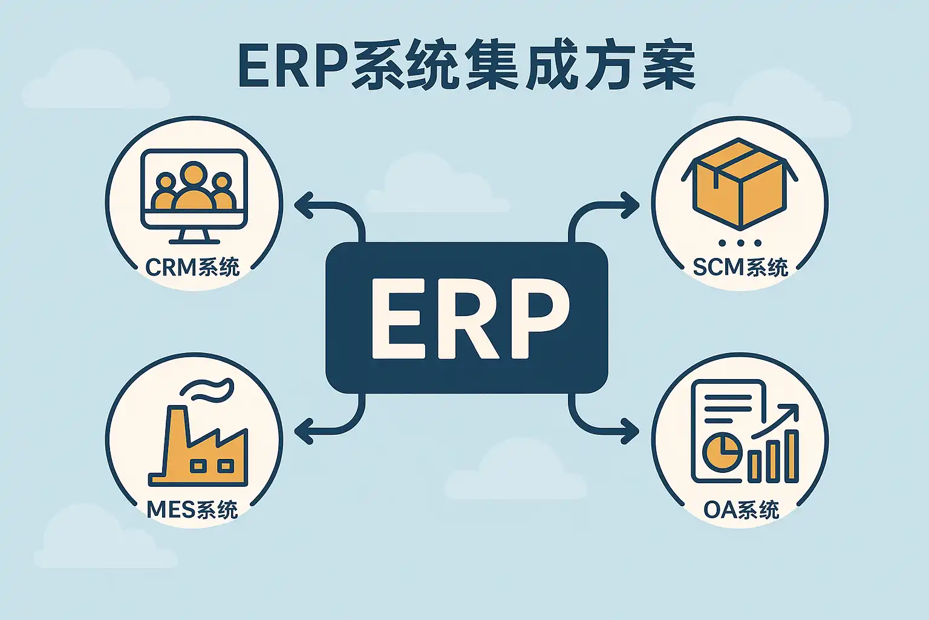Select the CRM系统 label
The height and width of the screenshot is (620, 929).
click(192, 267)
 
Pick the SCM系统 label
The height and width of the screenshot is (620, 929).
click(740, 267)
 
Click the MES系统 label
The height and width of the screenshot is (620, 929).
click(192, 510)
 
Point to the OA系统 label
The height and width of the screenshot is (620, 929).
click(741, 510)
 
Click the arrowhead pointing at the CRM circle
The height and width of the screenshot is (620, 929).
click(304, 205)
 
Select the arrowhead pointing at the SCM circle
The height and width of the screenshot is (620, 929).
click(630, 205)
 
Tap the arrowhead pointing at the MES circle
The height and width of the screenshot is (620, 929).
click(304, 431)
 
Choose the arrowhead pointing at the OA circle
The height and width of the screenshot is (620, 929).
click(630, 431)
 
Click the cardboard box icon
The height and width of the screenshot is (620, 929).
click(740, 184)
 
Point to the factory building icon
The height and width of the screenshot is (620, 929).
click(198, 446)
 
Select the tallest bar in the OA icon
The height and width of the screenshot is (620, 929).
click(792, 456)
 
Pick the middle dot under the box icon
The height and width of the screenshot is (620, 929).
click(740, 243)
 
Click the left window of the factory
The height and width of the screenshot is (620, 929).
click(198, 466)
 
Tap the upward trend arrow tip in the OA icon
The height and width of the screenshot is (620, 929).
click(797, 406)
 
